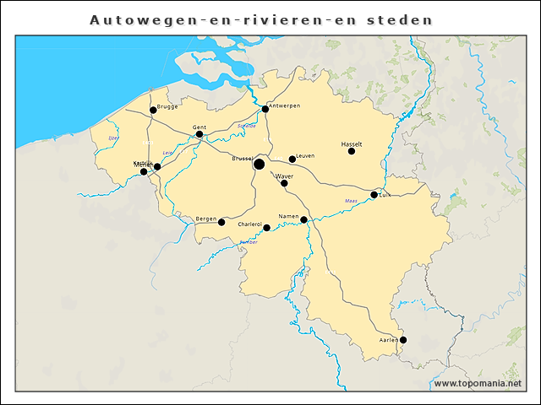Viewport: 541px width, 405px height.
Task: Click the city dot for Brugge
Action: click(x=153, y=110)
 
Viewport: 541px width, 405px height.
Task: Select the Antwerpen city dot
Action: click(x=265, y=109)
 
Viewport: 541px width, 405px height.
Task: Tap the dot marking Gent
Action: click(x=199, y=134)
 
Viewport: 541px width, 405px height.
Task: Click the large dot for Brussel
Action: click(x=260, y=164)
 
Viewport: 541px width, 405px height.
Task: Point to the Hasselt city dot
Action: click(x=352, y=151)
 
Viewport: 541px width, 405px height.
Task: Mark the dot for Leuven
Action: click(x=292, y=159)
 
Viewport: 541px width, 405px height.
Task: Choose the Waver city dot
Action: click(x=284, y=183)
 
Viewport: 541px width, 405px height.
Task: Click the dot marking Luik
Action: click(x=374, y=195)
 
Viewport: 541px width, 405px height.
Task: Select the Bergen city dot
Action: click(x=221, y=222)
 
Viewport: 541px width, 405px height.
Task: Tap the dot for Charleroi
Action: click(x=267, y=228)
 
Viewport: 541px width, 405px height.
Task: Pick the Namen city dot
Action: click(x=303, y=220)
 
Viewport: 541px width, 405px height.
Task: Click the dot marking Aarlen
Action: click(x=403, y=340)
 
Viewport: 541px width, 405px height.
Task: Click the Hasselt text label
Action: click(x=352, y=143)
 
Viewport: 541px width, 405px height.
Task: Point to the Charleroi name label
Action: click(x=250, y=224)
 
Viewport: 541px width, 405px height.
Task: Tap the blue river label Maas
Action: click(x=351, y=200)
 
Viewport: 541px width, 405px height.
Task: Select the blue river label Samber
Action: click(x=248, y=242)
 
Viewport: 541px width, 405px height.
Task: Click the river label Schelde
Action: click(x=246, y=126)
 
